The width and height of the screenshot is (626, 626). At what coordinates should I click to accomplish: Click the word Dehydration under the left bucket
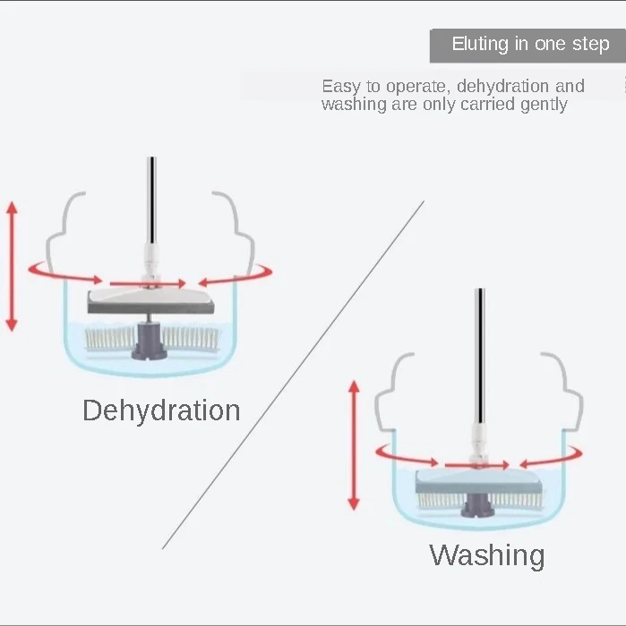pos(161,410)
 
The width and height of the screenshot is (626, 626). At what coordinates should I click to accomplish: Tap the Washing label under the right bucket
pos(486,555)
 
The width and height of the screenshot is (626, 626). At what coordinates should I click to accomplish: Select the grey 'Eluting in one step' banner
pos(527,45)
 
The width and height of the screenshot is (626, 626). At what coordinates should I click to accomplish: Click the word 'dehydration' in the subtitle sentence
pos(502,87)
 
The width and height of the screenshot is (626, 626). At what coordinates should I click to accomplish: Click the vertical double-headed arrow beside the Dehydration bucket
pos(12,266)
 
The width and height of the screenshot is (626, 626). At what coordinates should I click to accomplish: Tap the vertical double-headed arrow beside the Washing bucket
pos(354,444)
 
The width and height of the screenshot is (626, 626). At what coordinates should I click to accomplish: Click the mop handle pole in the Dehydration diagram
pos(152,201)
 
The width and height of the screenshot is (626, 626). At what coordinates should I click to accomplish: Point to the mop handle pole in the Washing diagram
pos(480,358)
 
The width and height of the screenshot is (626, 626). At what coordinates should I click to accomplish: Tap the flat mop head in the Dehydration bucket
pos(150,301)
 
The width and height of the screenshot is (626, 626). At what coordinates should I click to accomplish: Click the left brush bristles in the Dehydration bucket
pos(107,337)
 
